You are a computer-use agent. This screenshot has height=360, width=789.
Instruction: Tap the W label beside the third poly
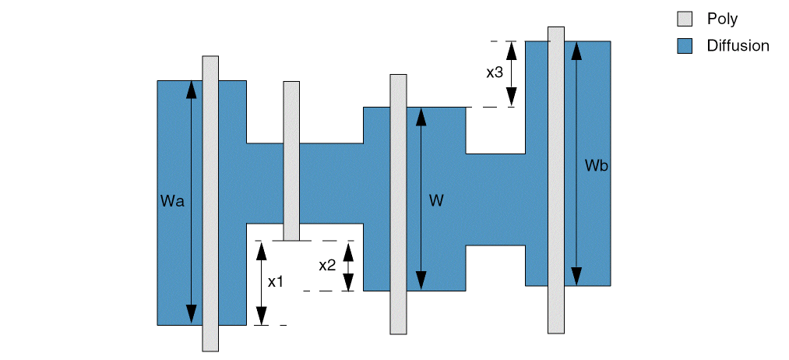[x=436, y=201]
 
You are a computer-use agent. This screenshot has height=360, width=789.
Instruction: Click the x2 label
[x=327, y=265]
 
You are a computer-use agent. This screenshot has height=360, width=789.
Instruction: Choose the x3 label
[x=495, y=72]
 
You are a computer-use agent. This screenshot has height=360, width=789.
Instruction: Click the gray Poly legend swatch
[x=685, y=19]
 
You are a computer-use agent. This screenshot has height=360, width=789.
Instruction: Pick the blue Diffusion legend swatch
[x=685, y=46]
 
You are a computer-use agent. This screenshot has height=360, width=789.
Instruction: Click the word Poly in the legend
[x=722, y=19]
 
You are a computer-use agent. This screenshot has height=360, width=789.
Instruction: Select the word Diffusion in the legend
[x=738, y=46]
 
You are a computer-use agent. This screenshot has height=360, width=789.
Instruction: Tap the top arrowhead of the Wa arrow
[x=190, y=88]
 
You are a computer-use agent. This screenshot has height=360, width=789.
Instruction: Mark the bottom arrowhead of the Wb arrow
[x=576, y=277]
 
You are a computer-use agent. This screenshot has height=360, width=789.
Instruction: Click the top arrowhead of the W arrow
[x=421, y=115]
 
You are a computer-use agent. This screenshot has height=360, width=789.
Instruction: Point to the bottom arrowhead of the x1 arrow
[x=262, y=316]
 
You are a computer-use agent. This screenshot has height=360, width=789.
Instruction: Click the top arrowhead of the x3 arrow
[x=511, y=49]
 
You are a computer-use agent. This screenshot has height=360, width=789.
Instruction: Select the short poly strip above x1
[x=291, y=161]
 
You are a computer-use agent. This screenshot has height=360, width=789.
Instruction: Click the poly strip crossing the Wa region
[x=210, y=203]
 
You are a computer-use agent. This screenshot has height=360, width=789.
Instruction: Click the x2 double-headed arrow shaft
[x=349, y=266]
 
